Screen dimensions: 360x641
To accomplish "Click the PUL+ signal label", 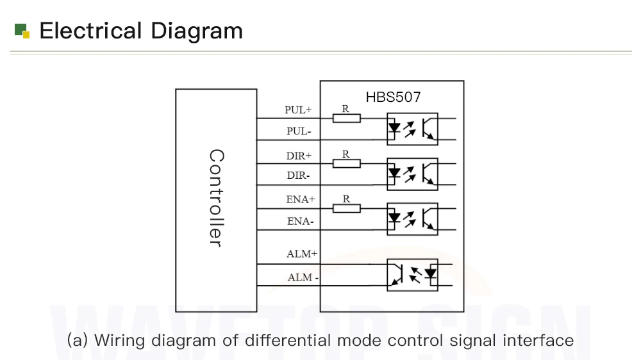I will (298, 110).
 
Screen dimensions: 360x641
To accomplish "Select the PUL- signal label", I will (299, 131).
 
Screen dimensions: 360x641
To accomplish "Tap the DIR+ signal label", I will (299, 156).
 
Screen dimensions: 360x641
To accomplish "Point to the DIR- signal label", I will (298, 176).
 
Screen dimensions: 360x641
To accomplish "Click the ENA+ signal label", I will (301, 199).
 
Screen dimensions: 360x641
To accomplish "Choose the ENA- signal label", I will (300, 222).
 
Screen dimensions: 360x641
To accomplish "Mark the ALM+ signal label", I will (302, 254).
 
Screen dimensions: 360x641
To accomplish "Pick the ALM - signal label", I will (303, 277).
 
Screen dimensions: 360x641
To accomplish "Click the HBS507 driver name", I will (394, 97).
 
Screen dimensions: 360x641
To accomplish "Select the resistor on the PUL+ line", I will (346, 118).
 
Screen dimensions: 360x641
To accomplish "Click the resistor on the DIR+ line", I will (346, 163).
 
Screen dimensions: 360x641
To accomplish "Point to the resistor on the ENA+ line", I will (346, 208).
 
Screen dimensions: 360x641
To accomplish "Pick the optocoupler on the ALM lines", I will (412, 274).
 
